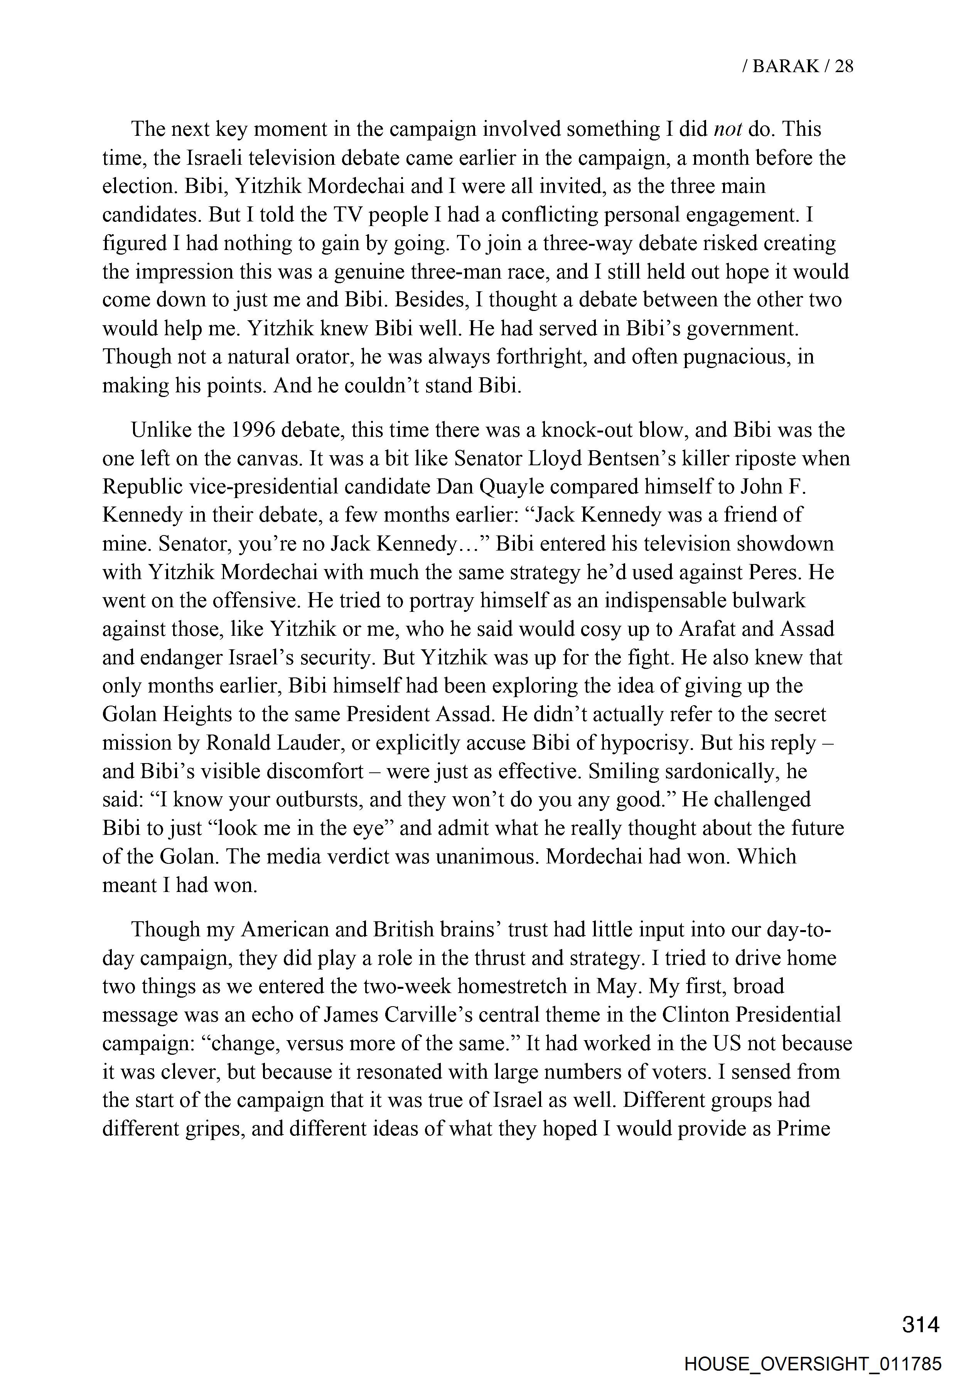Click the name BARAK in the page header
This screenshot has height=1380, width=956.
click(785, 66)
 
